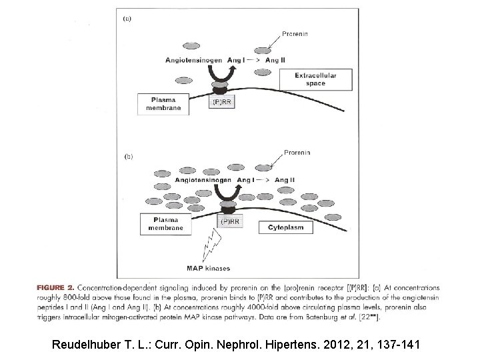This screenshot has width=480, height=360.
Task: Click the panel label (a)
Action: click(127, 19)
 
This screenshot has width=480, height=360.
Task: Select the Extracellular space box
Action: click(316, 80)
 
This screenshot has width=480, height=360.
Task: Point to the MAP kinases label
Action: click(209, 269)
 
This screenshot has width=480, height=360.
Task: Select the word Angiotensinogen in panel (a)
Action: click(194, 61)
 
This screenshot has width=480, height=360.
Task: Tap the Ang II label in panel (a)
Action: click(276, 61)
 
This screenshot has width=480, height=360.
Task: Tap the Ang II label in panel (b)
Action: click(285, 180)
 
